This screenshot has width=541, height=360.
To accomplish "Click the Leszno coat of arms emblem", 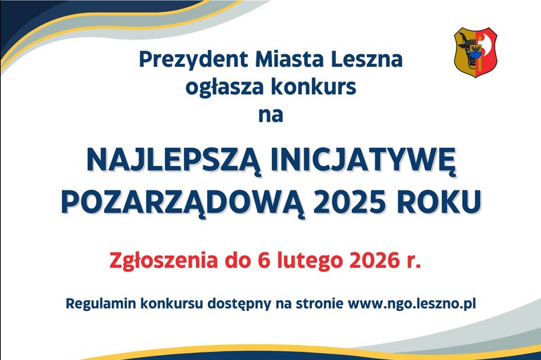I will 475,53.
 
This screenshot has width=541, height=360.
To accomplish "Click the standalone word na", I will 270,115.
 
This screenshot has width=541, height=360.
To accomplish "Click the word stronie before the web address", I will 320,304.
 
